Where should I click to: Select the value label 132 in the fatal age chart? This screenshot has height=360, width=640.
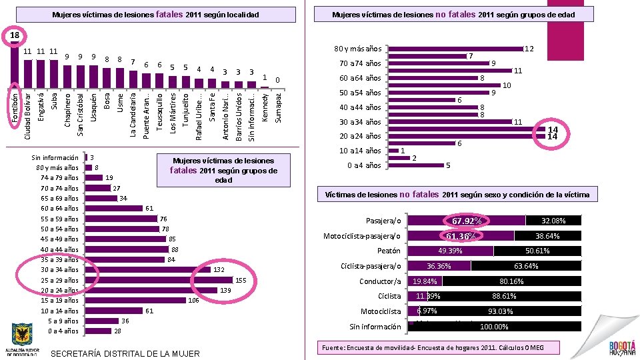(219, 270)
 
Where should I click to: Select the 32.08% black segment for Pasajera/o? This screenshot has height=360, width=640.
(553, 221)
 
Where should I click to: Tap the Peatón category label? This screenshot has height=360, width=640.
(389, 251)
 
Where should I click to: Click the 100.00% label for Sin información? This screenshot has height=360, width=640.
(494, 327)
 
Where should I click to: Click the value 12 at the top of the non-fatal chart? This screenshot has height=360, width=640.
(529, 49)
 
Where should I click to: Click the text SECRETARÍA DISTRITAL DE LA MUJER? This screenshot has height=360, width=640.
(125, 353)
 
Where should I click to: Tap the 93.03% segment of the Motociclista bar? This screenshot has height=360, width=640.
(501, 311)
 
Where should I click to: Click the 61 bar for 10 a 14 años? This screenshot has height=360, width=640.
(115, 311)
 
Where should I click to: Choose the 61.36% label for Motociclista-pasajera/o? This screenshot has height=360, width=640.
(461, 236)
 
